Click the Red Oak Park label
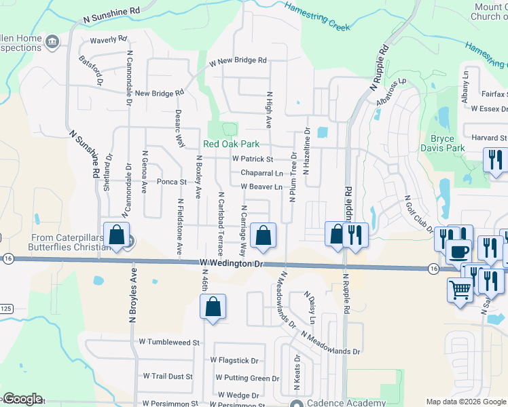pos(232,144)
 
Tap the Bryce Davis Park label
pos(447,143)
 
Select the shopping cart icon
pos(460,290)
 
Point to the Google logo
pos(22,399)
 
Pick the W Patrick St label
pos(252,159)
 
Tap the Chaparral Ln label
pos(261,173)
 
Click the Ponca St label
pos(172,182)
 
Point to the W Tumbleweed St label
pos(168,343)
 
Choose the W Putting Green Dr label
pos(247,378)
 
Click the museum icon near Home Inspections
pos(52,43)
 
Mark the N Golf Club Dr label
pos(418,213)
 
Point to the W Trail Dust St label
pos(168,376)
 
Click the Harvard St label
pos(489,138)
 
